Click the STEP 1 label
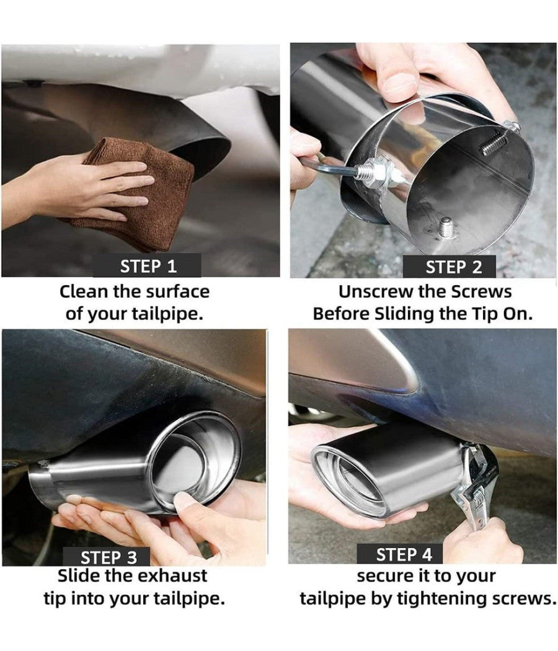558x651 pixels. coord(148,266)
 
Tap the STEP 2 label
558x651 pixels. coord(453,267)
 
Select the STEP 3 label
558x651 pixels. coord(108,557)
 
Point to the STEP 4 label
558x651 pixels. coord(404,555)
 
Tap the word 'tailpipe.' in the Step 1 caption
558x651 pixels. coord(167,314)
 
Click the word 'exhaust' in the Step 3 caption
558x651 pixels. coord(172,576)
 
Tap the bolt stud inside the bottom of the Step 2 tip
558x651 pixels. coord(447,228)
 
